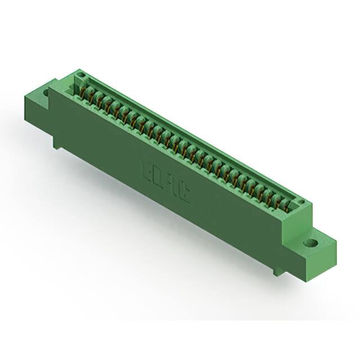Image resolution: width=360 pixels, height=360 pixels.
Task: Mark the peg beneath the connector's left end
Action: point(57,144)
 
